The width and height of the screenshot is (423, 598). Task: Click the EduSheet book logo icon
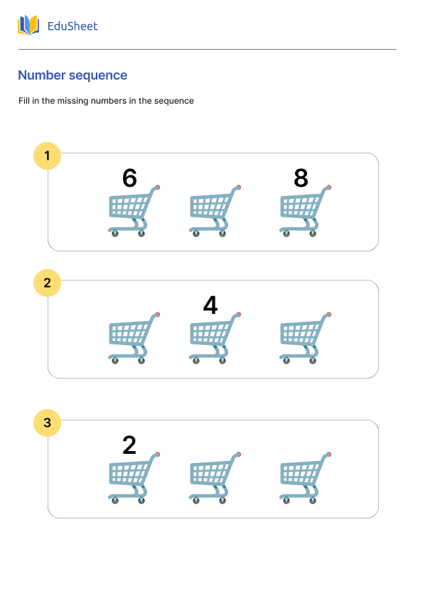pos(28,26)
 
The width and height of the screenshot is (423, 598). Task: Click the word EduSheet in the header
pos(72,26)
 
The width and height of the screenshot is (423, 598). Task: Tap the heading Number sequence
pos(73,75)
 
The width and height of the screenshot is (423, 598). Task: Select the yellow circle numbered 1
pos(48,156)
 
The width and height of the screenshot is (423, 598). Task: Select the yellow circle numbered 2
pos(48,283)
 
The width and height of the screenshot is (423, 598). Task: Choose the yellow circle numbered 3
pos(48,424)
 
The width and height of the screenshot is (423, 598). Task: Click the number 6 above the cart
pos(129,178)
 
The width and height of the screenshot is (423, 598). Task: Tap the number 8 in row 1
pos(301,178)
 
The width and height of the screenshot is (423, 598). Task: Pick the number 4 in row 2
pos(210,305)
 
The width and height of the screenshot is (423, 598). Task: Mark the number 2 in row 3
pos(129,445)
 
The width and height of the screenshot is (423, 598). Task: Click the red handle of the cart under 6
pos(157,187)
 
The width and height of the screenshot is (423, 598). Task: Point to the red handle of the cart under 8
pos(328,187)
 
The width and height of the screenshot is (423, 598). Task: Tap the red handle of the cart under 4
pos(238,314)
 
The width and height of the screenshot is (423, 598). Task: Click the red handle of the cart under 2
pos(157,455)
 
